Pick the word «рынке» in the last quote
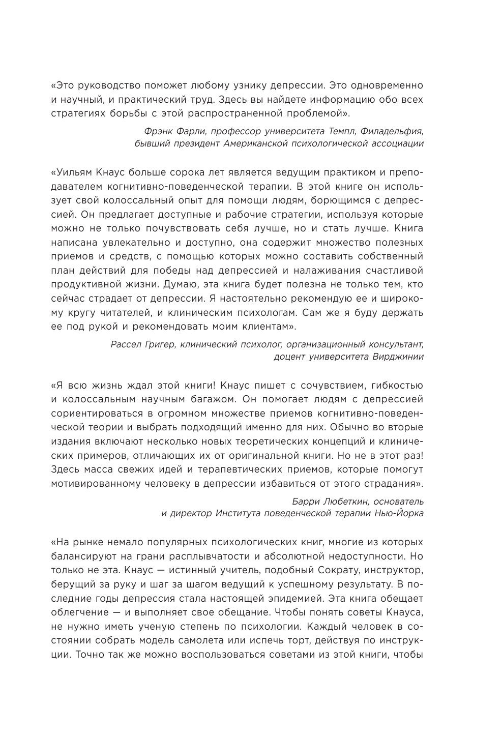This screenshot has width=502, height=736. tap(93, 543)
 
